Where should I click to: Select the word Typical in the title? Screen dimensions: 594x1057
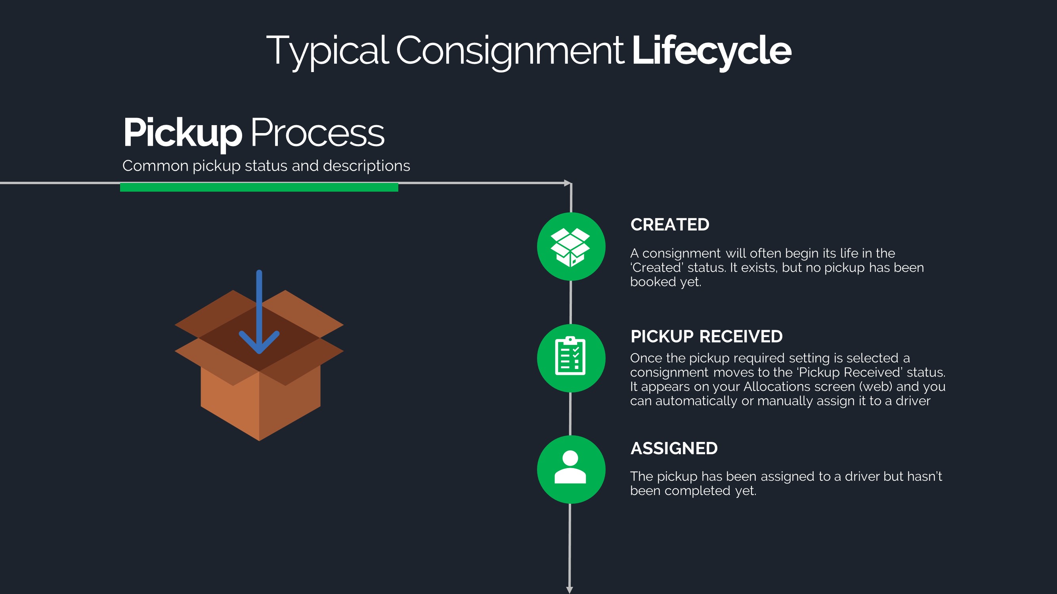[x=327, y=51]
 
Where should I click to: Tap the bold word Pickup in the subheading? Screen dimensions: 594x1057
[x=183, y=133]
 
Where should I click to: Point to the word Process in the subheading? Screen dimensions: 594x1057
[x=317, y=133]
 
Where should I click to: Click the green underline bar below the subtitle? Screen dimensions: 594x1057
[x=259, y=187]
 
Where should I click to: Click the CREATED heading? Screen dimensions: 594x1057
[x=670, y=225]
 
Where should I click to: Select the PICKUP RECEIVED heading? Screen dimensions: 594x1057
[x=706, y=337]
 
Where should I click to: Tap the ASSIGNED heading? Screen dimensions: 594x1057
[x=674, y=449]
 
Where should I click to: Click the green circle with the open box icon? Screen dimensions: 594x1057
[x=571, y=246]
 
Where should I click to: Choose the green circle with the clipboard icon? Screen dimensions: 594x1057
[x=571, y=358]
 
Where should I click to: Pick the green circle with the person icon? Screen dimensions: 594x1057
[x=571, y=469]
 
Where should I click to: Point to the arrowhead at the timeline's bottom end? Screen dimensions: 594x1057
[x=570, y=590]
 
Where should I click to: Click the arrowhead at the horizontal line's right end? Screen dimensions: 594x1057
[x=568, y=183]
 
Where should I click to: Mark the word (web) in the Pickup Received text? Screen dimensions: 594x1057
[x=875, y=386]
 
